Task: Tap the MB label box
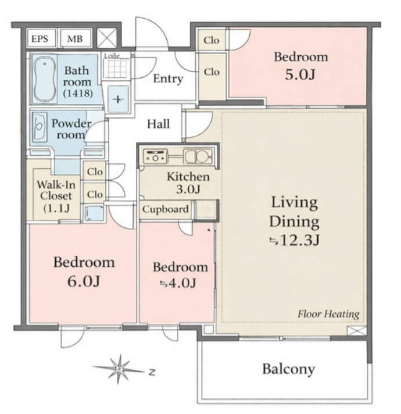[x=76, y=38]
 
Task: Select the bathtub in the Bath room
[x=44, y=79]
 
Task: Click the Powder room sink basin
[x=40, y=127]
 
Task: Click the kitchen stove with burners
[x=155, y=156]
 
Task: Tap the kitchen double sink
[x=198, y=156]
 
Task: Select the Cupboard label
[x=166, y=209]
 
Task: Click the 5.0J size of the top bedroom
[x=300, y=75]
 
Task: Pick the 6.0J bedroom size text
[x=84, y=281]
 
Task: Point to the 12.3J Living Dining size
[x=295, y=240]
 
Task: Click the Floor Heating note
[x=328, y=314]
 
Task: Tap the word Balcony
[x=289, y=369]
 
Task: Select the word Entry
[x=168, y=78]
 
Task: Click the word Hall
[x=158, y=124]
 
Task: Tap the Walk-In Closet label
[x=56, y=196]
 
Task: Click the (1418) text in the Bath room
[x=78, y=93]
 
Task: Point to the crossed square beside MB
[x=107, y=38]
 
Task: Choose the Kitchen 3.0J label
[x=188, y=183]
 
